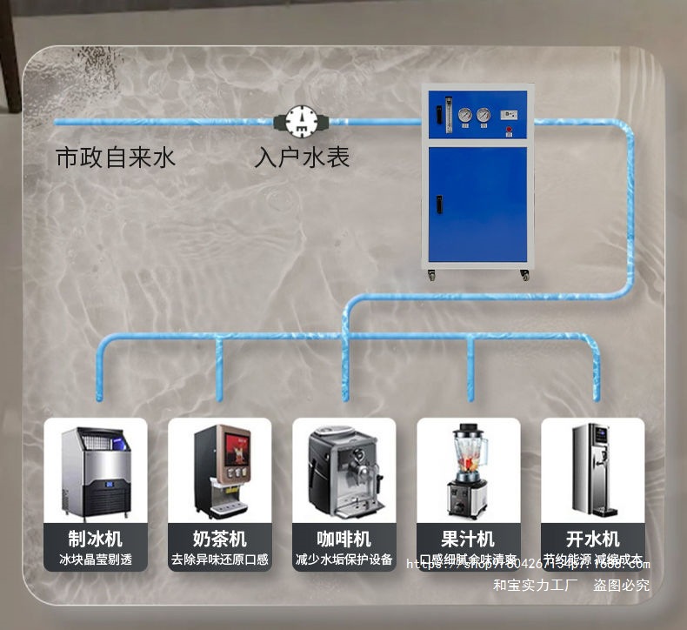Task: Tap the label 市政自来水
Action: (116, 157)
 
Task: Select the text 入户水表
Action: (302, 157)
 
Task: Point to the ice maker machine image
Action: (96, 471)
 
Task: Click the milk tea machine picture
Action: (220, 471)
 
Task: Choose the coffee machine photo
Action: (344, 471)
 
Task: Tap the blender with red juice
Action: (468, 471)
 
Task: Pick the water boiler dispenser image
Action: (592, 471)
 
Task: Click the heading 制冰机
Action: (96, 539)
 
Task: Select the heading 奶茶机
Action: (220, 539)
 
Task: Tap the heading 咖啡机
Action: (344, 539)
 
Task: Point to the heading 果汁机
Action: (468, 539)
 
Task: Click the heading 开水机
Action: (592, 539)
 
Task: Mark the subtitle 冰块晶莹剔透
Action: (96, 560)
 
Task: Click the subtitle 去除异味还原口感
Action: (220, 560)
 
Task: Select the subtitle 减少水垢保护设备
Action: (344, 560)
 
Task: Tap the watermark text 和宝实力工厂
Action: (535, 586)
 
